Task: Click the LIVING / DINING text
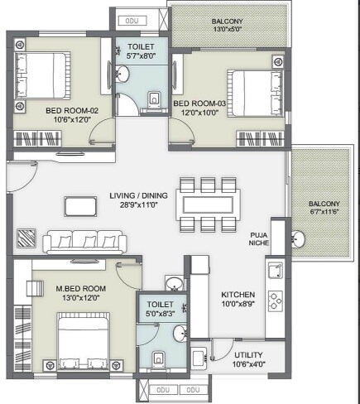(137, 196)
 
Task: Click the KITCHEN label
(238, 295)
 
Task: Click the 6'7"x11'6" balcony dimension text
(324, 214)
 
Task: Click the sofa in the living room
(84, 241)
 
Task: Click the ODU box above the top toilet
(130, 19)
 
